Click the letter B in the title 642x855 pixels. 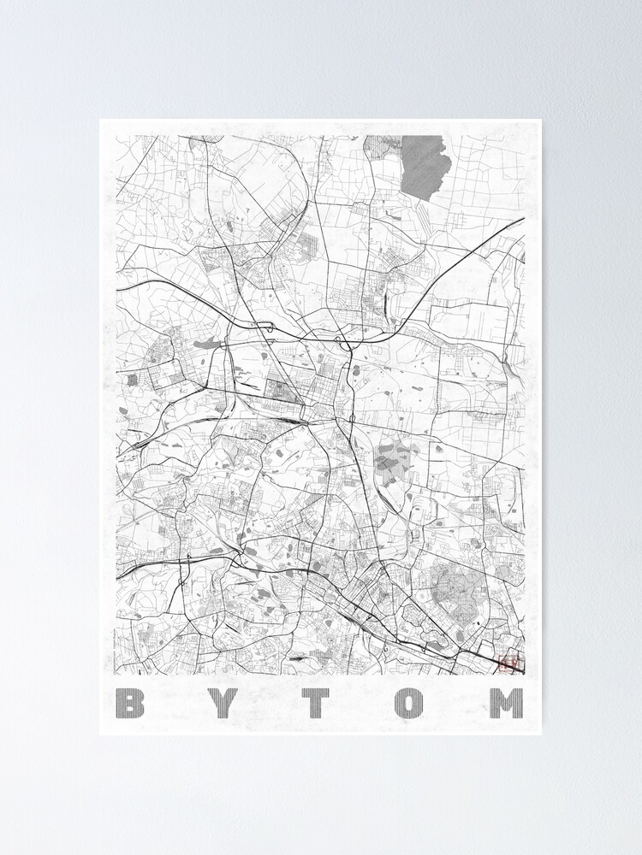click(x=130, y=703)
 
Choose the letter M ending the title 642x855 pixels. click(x=505, y=703)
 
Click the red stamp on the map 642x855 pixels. click(x=508, y=662)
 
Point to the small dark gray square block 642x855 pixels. click(x=132, y=378)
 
